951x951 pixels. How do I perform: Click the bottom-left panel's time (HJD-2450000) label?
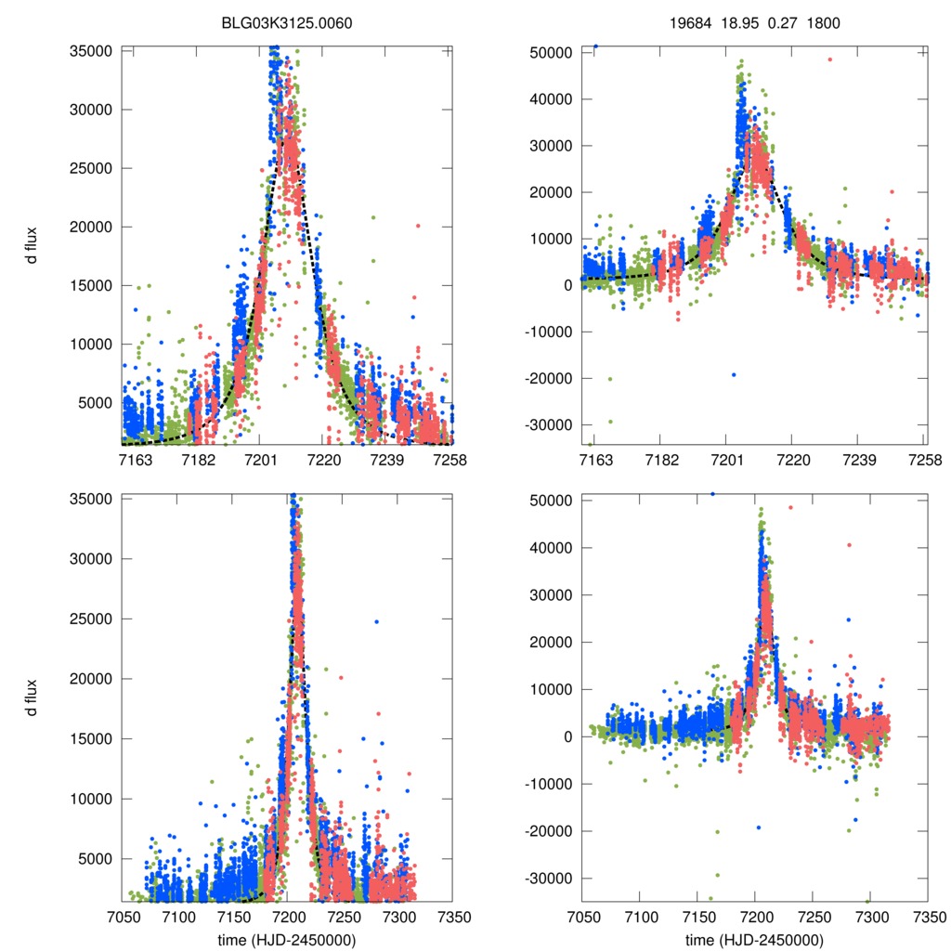(x=287, y=940)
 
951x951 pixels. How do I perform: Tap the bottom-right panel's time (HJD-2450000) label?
(x=754, y=940)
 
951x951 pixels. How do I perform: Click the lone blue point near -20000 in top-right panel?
(x=734, y=374)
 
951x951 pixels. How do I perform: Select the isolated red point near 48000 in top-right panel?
(x=830, y=59)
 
